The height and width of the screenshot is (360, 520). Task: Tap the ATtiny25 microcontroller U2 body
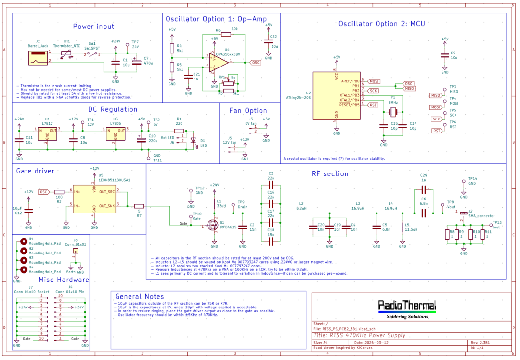(x=336, y=95)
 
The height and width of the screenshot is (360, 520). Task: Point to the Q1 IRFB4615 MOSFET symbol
(x=212, y=225)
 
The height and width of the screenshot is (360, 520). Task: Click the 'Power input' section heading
(x=93, y=27)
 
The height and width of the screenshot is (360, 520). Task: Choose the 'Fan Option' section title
(x=248, y=111)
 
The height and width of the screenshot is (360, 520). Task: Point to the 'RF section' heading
(x=330, y=173)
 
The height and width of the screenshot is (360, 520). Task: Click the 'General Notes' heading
(x=140, y=297)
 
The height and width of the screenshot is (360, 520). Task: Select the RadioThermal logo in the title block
(x=407, y=306)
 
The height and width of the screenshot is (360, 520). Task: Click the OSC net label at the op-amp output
(x=257, y=62)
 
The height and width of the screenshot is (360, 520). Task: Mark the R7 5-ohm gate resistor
(x=139, y=206)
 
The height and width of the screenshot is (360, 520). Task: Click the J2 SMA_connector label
(x=481, y=216)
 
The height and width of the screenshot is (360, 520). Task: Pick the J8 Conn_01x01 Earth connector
(x=75, y=251)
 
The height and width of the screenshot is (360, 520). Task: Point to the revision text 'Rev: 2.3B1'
(x=480, y=343)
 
